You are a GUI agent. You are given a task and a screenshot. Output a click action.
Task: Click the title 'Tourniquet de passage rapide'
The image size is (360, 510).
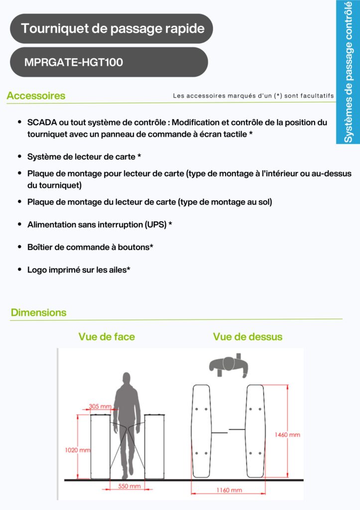[x=113, y=28]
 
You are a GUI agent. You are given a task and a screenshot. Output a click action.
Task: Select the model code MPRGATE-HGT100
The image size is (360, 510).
[x=73, y=63]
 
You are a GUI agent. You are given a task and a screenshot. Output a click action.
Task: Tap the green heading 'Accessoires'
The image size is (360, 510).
[x=36, y=96]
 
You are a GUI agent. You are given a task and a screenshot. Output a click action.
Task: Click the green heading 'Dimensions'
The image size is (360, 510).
[x=38, y=313]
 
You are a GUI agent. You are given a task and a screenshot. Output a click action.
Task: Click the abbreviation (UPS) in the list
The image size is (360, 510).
[x=156, y=225]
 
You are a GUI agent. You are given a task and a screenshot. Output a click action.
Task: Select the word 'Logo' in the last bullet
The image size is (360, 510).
[x=37, y=269]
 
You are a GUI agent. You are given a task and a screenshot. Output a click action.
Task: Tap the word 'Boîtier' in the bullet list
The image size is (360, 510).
[x=40, y=247]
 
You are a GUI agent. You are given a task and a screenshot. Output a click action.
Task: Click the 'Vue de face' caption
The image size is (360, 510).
[x=107, y=337]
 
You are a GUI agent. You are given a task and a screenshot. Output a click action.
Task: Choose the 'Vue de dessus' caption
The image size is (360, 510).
[x=247, y=337]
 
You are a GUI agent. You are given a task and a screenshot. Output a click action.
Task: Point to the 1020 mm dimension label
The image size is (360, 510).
[x=77, y=450]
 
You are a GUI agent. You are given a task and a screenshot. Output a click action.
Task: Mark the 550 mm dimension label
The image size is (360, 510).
[x=129, y=486]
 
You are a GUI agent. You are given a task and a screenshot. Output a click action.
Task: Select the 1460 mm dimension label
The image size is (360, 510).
[x=287, y=434]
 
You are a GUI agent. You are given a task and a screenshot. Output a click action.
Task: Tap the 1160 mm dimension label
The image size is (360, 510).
[x=230, y=490]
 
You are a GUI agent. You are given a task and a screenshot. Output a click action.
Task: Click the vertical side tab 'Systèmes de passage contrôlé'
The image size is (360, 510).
[x=348, y=72]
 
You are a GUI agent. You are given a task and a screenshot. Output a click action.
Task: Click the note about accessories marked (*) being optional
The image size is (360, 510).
[x=253, y=96]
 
